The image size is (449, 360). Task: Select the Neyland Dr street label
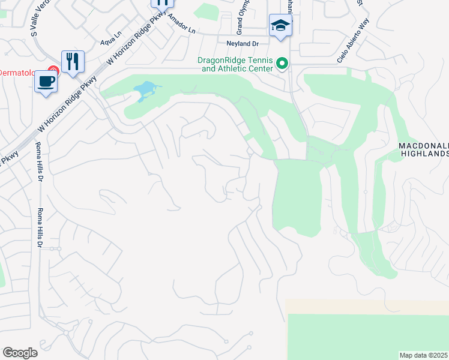pyautogui.click(x=242, y=43)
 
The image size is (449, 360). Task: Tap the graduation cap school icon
pyautogui.click(x=280, y=25)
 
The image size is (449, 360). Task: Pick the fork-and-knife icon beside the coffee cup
pyautogui.click(x=73, y=61)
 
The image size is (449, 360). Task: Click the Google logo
pyautogui.click(x=20, y=353)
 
